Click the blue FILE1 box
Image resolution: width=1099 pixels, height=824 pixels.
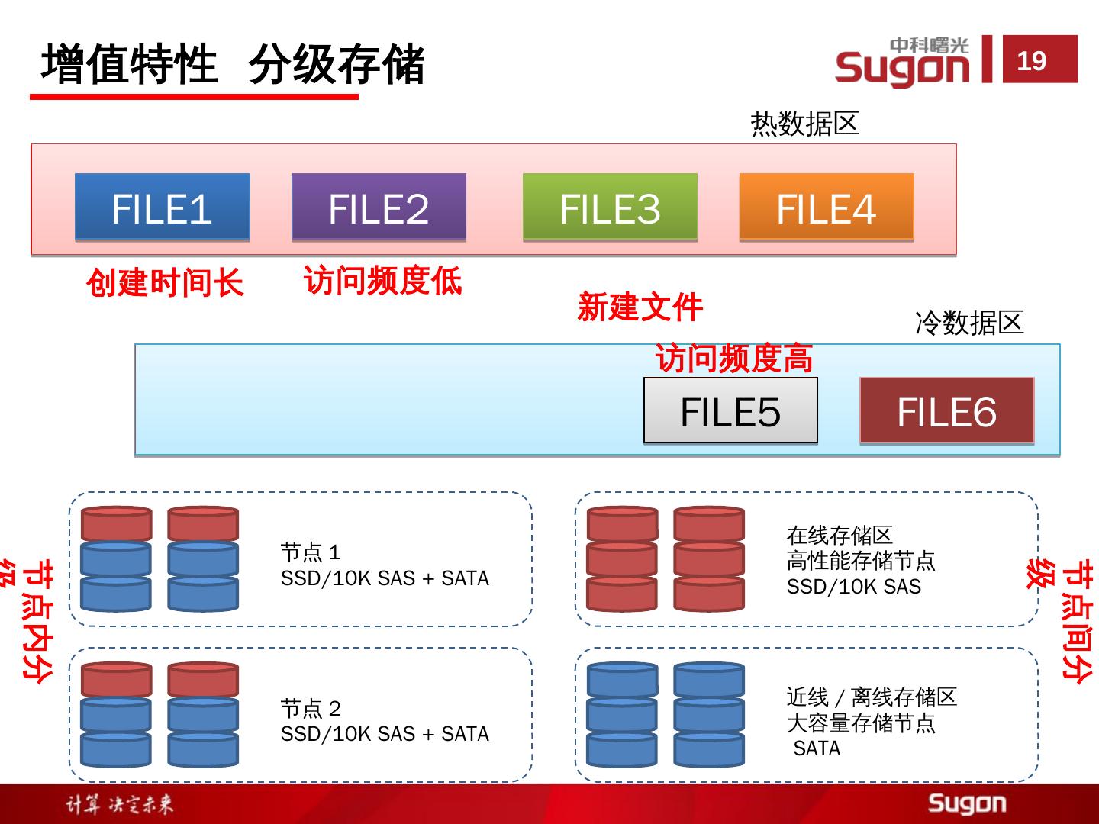click(162, 208)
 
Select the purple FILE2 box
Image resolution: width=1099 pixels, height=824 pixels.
click(379, 208)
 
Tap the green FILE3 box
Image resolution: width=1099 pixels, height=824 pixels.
click(610, 208)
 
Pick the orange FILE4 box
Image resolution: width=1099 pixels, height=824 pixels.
click(826, 208)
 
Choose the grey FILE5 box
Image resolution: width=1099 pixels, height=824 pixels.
click(730, 410)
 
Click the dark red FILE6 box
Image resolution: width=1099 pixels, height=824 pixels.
click(946, 410)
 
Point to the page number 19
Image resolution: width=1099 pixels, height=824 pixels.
click(1032, 60)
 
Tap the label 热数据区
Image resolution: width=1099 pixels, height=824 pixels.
click(804, 124)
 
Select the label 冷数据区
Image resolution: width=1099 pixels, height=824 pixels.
click(968, 323)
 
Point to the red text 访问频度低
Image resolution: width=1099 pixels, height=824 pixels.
click(382, 280)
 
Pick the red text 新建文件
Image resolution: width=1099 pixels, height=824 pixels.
click(640, 307)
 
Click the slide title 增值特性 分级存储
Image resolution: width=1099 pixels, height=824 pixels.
click(232, 64)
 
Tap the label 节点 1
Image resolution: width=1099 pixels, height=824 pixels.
click(311, 552)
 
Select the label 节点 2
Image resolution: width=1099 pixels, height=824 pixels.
click(311, 708)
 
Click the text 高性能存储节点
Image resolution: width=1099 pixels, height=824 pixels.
click(860, 562)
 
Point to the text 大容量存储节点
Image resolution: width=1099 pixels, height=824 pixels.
click(860, 723)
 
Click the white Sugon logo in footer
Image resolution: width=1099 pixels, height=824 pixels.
click(966, 803)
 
